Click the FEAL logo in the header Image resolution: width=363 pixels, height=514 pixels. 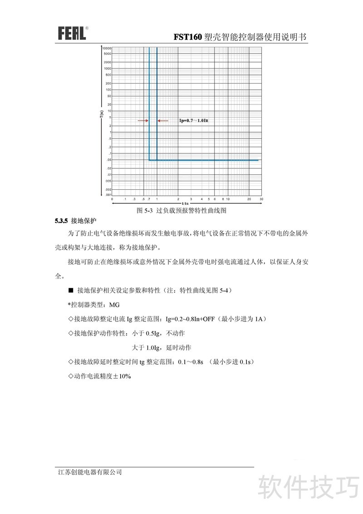tap(72, 33)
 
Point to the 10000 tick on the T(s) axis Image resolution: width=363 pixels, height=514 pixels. tap(107, 48)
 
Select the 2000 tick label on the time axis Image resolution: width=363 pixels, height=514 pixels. tap(108, 62)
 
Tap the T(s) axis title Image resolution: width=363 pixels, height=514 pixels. tap(102, 114)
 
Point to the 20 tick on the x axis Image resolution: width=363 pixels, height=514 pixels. tap(249, 199)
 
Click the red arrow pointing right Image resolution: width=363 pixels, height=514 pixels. tap(143, 120)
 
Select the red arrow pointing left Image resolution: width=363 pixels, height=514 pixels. tap(162, 120)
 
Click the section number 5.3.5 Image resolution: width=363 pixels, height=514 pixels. tap(61, 221)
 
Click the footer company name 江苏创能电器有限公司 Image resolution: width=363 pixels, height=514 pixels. tap(90, 472)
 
